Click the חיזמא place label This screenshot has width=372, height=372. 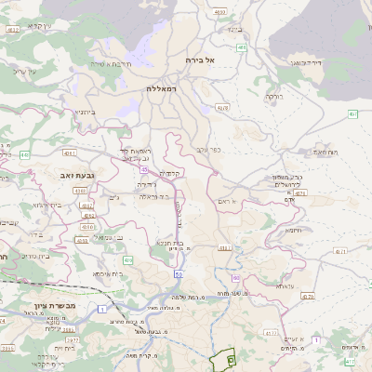click(294, 230)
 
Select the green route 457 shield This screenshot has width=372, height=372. click(353, 114)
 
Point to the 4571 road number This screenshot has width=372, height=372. click(340, 251)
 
